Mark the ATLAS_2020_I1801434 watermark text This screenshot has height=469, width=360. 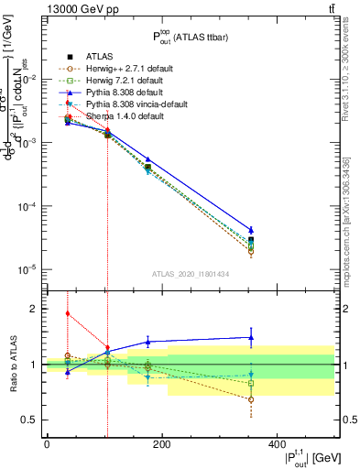tap(191, 274)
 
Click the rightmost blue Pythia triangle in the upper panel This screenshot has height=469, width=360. tap(251, 230)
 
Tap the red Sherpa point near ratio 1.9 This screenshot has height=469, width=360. tap(67, 313)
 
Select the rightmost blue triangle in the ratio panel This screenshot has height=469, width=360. tap(251, 337)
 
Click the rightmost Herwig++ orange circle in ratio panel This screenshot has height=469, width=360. tap(251, 399)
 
